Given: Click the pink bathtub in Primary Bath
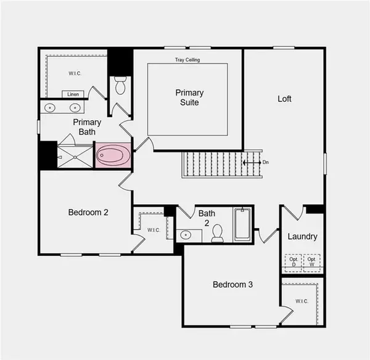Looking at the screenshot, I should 113,155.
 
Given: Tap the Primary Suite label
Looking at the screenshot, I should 189,97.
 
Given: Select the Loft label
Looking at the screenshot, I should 284,99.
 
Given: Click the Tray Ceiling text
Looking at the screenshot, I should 187,60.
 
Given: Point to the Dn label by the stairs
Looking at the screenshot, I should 266,163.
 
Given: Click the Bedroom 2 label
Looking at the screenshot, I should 88,212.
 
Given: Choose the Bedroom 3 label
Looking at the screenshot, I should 232,285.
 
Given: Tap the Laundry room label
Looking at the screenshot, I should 302,236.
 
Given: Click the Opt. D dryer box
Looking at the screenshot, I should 294,263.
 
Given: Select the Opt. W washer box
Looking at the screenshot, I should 312,263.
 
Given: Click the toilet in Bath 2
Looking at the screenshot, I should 217,232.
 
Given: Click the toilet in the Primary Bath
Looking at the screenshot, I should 120,86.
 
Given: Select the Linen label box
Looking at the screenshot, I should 73,94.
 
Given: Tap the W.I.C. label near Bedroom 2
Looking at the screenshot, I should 154,231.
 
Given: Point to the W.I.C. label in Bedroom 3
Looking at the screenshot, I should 302,301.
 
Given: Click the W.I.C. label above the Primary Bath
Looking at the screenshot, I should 75,73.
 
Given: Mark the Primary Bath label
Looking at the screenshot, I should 87,126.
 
